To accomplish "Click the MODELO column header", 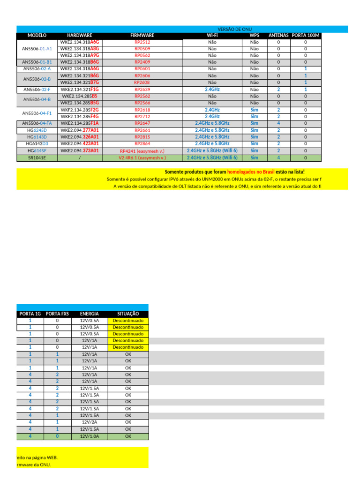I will click(x=37, y=35).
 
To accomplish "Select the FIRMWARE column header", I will click(x=142, y=35).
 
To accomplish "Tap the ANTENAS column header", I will click(x=278, y=35).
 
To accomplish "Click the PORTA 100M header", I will click(x=306, y=35).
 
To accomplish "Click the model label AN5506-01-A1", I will click(x=37, y=49).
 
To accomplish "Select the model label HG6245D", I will click(x=37, y=130).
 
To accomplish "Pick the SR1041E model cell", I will click(x=37, y=158).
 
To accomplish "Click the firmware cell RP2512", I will click(x=142, y=42).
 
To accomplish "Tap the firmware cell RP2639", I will click(x=142, y=90).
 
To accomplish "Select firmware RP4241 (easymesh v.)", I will click(x=142, y=151).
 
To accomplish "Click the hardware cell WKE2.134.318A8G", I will click(x=80, y=49).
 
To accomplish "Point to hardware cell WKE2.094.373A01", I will click(x=80, y=151).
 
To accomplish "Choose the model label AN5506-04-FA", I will click(x=37, y=123).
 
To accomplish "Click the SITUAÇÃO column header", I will click(x=128, y=314).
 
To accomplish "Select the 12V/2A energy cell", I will click(x=90, y=422).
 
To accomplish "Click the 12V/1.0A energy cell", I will click(x=90, y=436).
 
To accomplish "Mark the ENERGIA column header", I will click(x=90, y=314).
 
